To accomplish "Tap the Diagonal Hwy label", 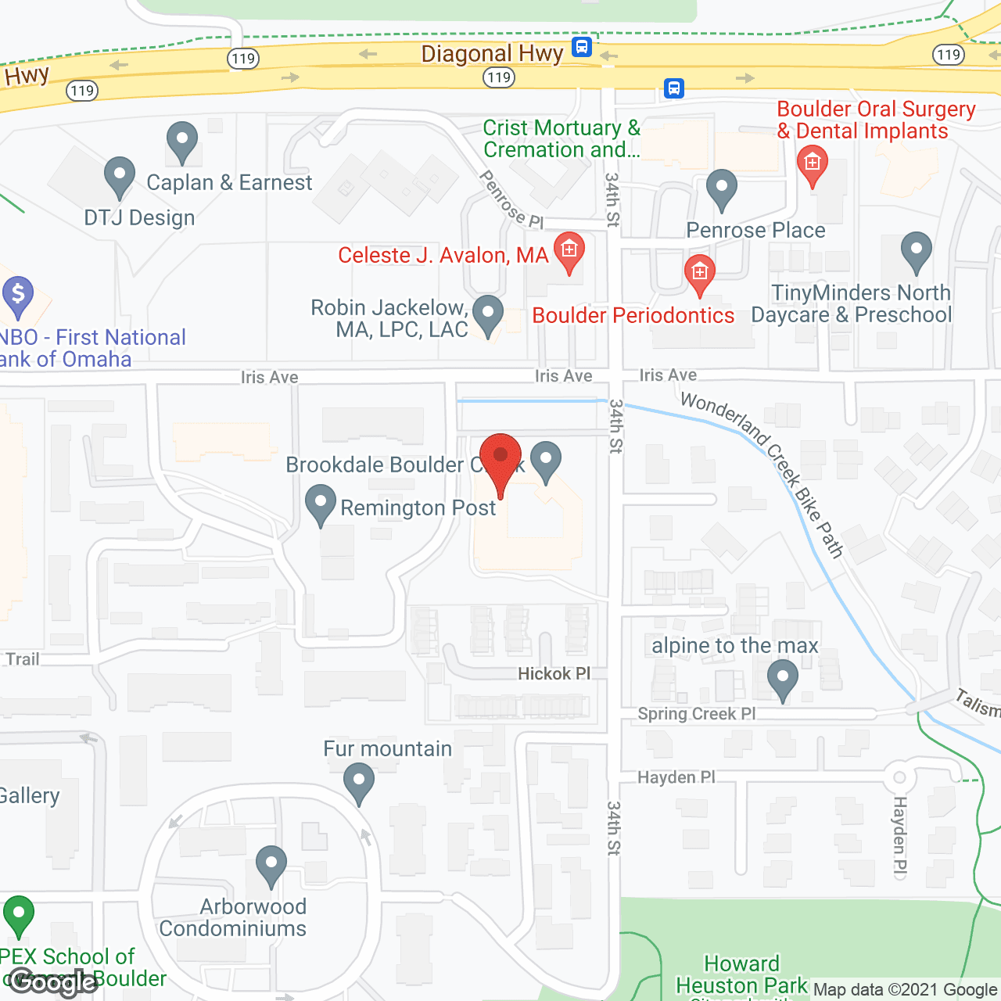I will (x=492, y=54).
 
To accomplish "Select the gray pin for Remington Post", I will (x=320, y=504).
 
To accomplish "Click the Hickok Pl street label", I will (x=554, y=674).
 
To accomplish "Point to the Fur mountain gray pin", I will (x=359, y=783).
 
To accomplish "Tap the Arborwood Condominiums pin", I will (x=271, y=866).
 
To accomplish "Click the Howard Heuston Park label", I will (x=741, y=974).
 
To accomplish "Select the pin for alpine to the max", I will (x=782, y=678).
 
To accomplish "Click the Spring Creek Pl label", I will (x=696, y=714).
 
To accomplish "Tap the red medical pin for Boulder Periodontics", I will (x=699, y=274).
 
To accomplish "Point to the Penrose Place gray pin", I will (x=721, y=188).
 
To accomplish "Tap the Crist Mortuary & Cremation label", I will (x=561, y=138).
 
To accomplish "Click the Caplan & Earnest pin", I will (x=182, y=142).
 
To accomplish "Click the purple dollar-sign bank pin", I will (x=18, y=296).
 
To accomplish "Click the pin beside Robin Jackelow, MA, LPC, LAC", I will (x=488, y=314).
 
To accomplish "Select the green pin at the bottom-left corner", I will (x=18, y=914).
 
